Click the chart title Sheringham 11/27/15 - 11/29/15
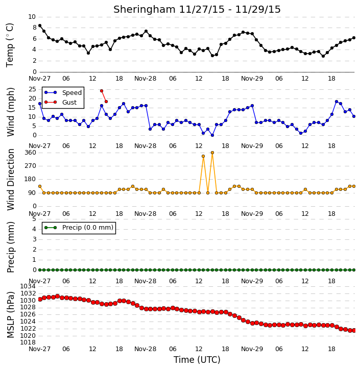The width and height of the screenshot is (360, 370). tap(197, 9)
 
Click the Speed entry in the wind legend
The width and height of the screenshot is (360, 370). tap(63, 92)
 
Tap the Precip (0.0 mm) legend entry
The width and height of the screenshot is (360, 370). tap(79, 228)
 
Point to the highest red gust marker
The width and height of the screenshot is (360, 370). tap(102, 91)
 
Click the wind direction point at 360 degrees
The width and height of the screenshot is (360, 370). tap(212, 153)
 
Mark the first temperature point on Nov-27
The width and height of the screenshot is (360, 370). tap(40, 26)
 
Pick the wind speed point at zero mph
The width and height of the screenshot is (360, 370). tap(212, 135)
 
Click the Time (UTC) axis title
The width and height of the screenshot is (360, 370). tap(197, 360)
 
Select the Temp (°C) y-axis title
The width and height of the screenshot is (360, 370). tap(10, 45)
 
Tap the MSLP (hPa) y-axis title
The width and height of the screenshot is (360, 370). tap(10, 315)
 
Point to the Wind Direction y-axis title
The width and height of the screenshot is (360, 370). tap(10, 180)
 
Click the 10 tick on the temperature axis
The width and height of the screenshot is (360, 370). tap(32, 17)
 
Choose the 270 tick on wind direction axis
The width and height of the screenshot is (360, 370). tap(31, 166)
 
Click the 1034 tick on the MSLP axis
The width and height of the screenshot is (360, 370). tap(28, 286)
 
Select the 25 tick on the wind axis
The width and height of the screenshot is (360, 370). tap(33, 89)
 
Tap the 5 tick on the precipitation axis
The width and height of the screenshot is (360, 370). tap(34, 219)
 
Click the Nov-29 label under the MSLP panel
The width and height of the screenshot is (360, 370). tap(252, 349)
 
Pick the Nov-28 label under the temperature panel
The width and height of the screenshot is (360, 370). tap(145, 79)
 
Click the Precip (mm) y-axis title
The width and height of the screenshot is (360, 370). tap(10, 248)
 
